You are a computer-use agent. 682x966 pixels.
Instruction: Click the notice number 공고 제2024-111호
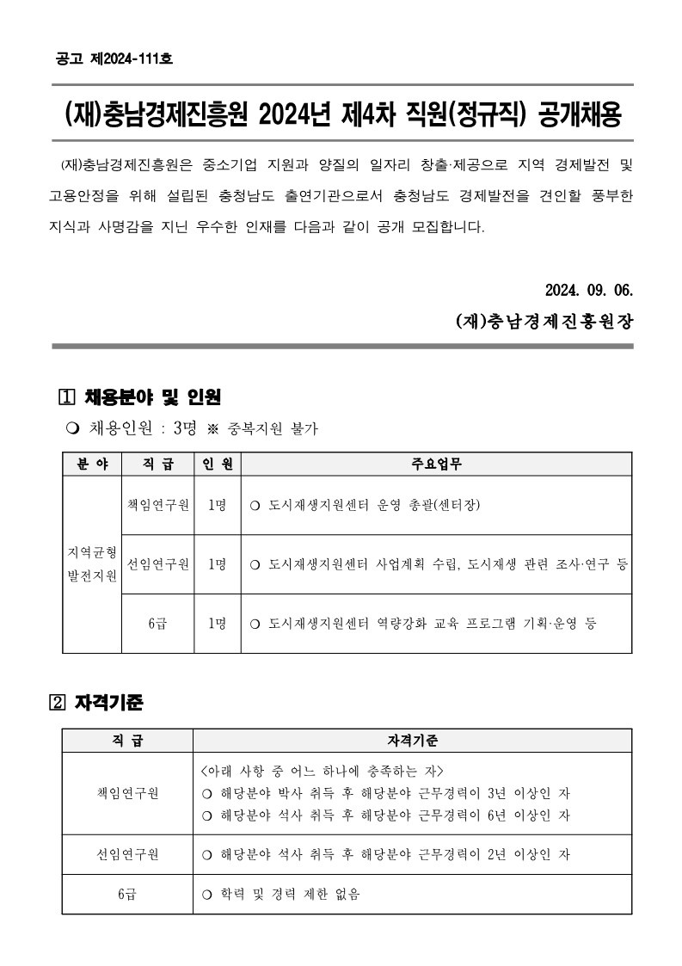(x=114, y=59)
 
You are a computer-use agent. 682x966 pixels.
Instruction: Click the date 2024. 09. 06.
(x=589, y=287)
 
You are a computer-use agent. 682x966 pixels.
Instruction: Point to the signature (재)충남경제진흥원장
(x=544, y=322)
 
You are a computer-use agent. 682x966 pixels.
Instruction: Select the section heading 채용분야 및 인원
(x=153, y=397)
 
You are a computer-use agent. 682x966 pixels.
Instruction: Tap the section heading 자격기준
(x=114, y=702)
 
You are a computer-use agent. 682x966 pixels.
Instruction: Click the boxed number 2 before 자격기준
(x=58, y=703)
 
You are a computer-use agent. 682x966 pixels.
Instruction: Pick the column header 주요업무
(x=436, y=464)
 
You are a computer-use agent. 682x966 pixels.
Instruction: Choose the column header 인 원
(x=217, y=464)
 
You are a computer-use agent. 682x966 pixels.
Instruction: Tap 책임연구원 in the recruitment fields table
(x=157, y=504)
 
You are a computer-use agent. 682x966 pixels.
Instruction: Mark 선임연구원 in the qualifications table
(x=126, y=855)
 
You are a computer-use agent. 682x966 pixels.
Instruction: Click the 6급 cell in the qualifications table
(x=126, y=895)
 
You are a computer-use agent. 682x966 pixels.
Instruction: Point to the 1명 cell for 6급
(x=217, y=623)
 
